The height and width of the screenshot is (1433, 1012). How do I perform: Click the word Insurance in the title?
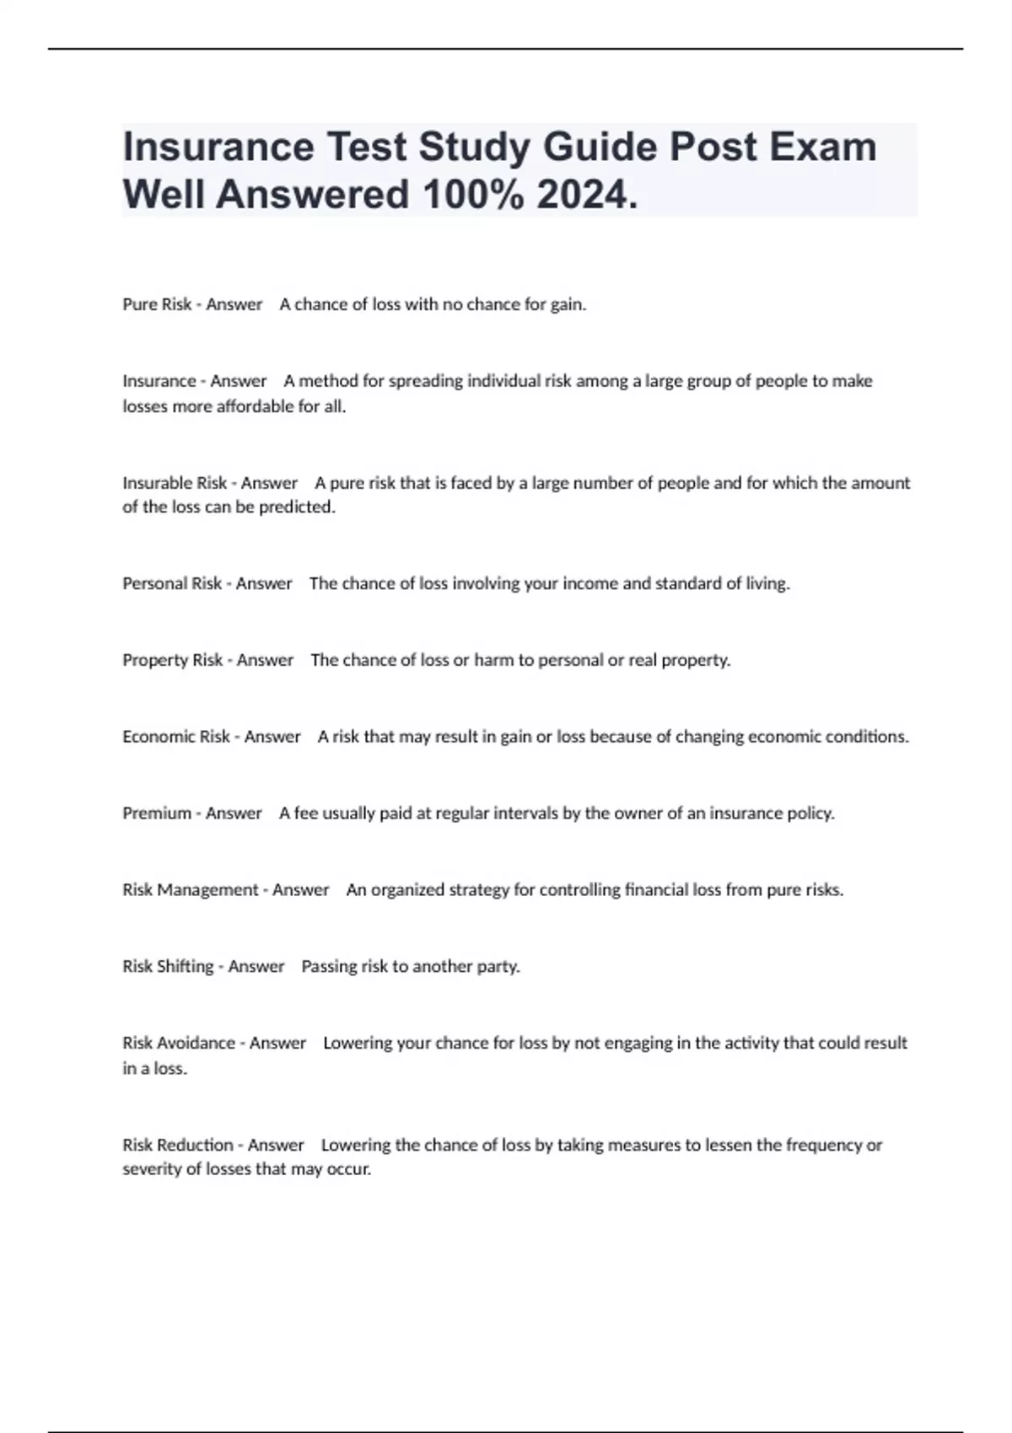point(218,147)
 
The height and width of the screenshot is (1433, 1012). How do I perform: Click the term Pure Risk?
point(157,304)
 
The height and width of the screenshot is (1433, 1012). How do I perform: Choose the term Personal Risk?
point(172,583)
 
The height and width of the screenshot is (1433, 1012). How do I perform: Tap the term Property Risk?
point(172,660)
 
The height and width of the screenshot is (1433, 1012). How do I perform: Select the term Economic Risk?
point(175,737)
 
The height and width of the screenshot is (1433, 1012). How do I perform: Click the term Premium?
point(157,813)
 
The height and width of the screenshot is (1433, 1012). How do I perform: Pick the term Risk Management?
point(190,890)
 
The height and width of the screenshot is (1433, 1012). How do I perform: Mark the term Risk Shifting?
point(168,967)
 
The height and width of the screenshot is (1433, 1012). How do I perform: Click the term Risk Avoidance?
point(179,1044)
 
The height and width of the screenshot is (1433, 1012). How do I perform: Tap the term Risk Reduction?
point(177,1146)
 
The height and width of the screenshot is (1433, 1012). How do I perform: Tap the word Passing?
point(329,967)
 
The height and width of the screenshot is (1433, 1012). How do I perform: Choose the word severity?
point(150,1170)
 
